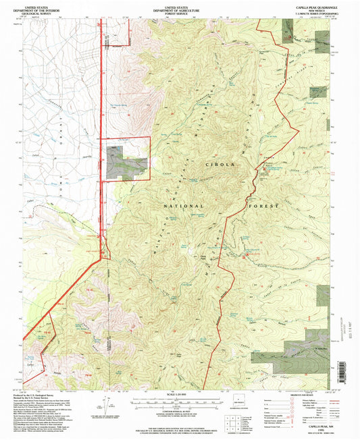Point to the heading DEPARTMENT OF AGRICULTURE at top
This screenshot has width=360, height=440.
point(179,7)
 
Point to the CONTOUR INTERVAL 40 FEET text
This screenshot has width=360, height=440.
point(179,406)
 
